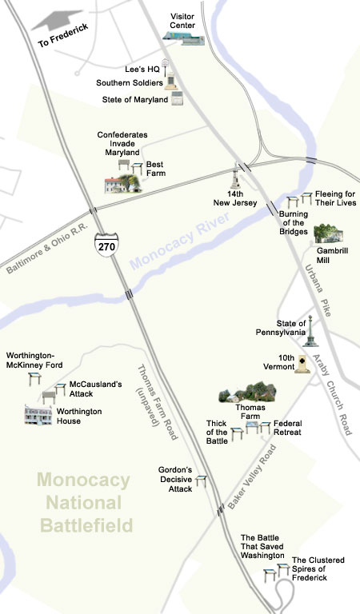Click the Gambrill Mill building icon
tap(328, 233)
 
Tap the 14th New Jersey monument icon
tap(237, 177)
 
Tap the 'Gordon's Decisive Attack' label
tap(169, 480)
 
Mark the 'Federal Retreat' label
tap(287, 428)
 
